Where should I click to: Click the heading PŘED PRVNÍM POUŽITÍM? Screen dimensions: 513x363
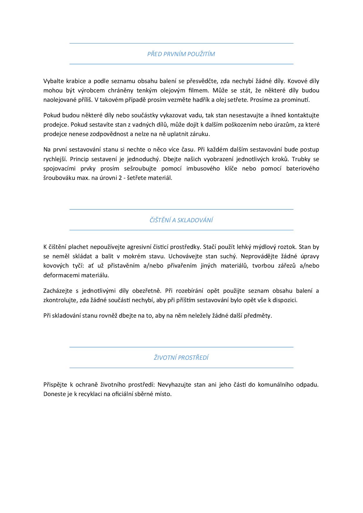pyautogui.click(x=181, y=54)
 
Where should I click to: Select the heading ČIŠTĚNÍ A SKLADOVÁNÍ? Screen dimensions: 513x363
pyautogui.click(x=181, y=220)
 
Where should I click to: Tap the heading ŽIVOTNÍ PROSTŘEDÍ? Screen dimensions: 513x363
pyautogui.click(x=181, y=358)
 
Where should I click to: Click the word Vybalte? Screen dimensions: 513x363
pyautogui.click(x=53, y=81)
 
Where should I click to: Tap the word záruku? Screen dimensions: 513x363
pyautogui.click(x=201, y=134)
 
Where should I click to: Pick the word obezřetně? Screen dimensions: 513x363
pyautogui.click(x=147, y=291)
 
